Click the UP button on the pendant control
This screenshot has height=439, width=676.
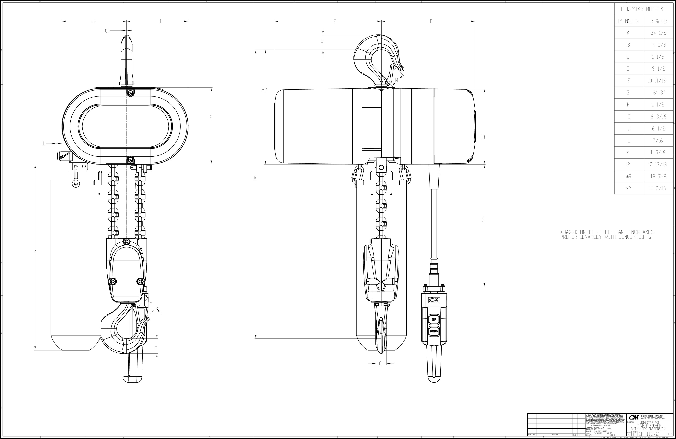pyautogui.click(x=434, y=320)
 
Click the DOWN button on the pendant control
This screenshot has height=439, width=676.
pyautogui.click(x=434, y=331)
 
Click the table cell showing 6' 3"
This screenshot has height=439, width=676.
pyautogui.click(x=658, y=93)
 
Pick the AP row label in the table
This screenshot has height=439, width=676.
pyautogui.click(x=628, y=188)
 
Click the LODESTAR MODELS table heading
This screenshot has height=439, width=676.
pyautogui.click(x=642, y=9)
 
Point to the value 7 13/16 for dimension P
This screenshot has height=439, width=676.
pyautogui.click(x=658, y=165)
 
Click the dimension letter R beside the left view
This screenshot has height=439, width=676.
pyautogui.click(x=35, y=251)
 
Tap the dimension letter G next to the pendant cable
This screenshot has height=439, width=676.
pyautogui.click(x=483, y=220)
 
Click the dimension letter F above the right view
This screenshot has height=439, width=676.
pyautogui.click(x=335, y=21)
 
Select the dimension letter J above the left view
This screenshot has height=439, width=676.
pyautogui.click(x=94, y=21)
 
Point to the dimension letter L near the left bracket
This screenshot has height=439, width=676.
pyautogui.click(x=44, y=144)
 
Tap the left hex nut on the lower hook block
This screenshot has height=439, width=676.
pyautogui.click(x=113, y=281)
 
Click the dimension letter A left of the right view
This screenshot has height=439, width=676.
pyautogui.click(x=255, y=178)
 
